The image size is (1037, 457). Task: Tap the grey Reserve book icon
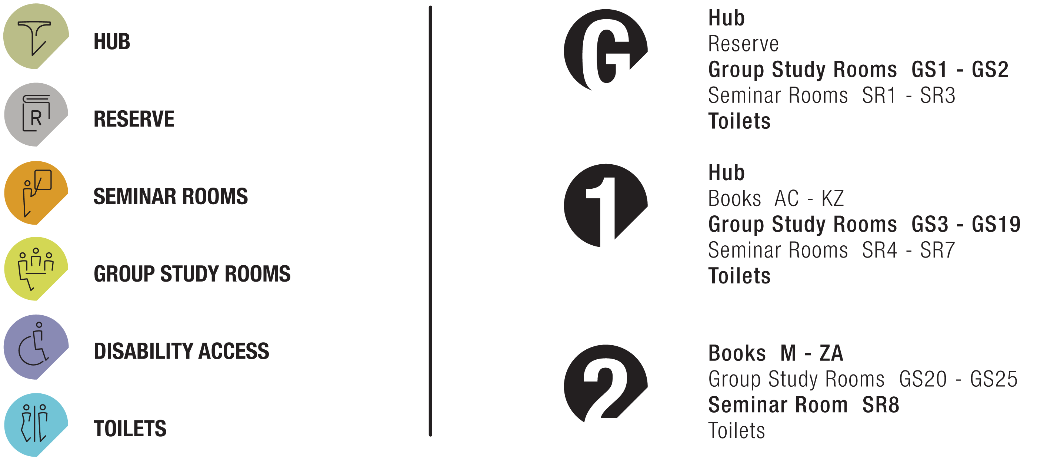[36, 114]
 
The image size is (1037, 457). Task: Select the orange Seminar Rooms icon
[36, 193]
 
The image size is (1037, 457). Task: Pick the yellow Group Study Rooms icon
[36, 268]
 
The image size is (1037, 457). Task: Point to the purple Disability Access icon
[36, 347]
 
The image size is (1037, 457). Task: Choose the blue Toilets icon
[36, 424]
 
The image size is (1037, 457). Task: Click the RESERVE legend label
[134, 119]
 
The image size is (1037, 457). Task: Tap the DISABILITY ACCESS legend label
[181, 351]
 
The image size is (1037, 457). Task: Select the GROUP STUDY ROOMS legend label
[191, 273]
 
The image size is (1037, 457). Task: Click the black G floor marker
[605, 50]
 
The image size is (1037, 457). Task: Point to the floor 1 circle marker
[605, 205]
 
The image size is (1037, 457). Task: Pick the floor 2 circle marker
[605, 383]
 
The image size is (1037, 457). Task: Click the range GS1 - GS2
[959, 70]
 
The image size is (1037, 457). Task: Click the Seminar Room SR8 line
[803, 405]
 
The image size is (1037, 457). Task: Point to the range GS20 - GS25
[958, 379]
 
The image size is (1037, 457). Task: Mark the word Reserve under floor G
[743, 44]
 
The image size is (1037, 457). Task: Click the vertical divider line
[430, 221]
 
